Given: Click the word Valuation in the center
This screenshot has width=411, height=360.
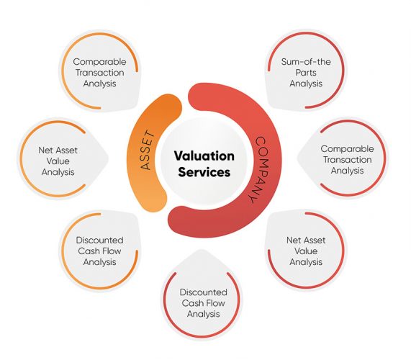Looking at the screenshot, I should [x=204, y=156].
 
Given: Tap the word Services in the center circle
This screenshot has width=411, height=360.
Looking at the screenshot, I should [x=204, y=173].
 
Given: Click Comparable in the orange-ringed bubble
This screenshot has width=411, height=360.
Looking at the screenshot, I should [x=99, y=62].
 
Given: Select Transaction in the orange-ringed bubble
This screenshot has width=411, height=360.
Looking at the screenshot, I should [x=99, y=73].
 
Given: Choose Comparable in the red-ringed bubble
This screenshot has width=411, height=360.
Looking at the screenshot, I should [x=346, y=149].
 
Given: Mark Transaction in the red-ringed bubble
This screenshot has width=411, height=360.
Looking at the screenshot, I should [x=346, y=160].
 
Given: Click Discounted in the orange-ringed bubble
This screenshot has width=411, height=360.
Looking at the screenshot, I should [x=99, y=240].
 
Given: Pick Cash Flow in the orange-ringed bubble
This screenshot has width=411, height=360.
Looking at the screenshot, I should [x=99, y=251].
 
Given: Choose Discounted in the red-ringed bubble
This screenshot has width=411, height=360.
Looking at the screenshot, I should [x=204, y=292].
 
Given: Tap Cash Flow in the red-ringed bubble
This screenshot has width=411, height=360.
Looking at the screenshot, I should [x=204, y=303].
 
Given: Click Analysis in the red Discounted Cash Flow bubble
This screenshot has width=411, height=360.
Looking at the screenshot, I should [x=204, y=314].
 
